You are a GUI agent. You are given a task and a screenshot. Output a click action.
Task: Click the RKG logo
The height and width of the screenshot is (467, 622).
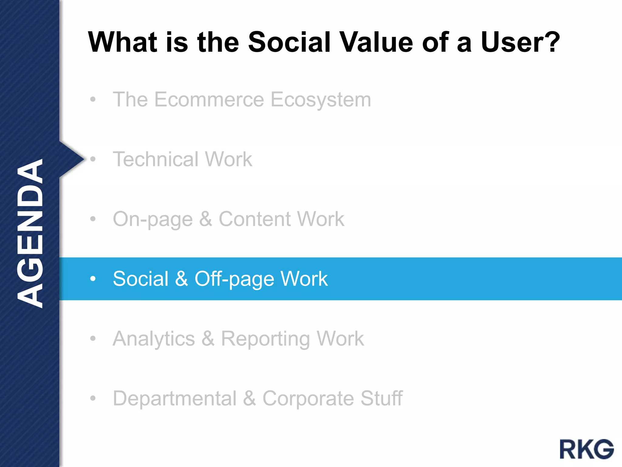[x=586, y=449]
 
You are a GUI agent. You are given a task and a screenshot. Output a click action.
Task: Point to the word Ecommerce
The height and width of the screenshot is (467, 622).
[x=209, y=99]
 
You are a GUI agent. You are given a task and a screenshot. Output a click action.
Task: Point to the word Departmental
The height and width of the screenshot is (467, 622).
[x=175, y=398]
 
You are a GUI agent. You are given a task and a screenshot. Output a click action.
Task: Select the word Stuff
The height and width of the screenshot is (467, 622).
[x=381, y=398]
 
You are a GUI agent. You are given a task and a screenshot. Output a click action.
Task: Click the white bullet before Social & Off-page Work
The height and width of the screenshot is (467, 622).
[x=93, y=278]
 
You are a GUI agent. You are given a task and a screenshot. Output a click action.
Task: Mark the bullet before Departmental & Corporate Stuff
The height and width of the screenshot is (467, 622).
[x=93, y=398]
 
